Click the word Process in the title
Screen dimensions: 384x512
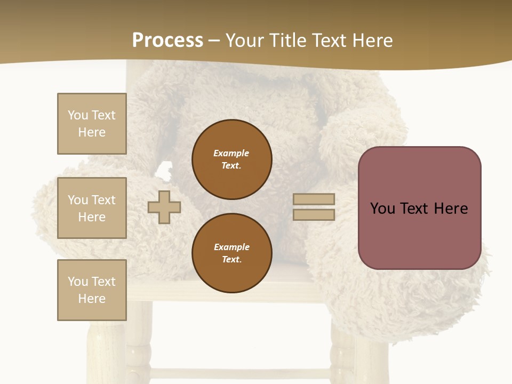point(167,41)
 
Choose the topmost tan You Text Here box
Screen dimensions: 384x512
point(92,124)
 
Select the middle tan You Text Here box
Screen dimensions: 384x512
point(92,208)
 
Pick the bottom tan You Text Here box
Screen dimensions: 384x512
point(92,290)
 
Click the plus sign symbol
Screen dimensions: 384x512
point(164,207)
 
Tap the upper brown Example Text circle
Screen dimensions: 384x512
point(231,159)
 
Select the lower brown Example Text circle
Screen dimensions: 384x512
point(231,253)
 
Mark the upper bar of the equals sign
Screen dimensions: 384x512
point(314,199)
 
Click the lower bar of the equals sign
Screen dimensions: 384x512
point(314,214)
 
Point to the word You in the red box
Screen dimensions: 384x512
point(383,209)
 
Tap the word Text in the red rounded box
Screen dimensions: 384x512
point(416,209)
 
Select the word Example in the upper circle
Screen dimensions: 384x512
point(231,153)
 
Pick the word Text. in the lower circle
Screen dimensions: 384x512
point(231,259)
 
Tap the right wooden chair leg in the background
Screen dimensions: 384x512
point(344,355)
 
